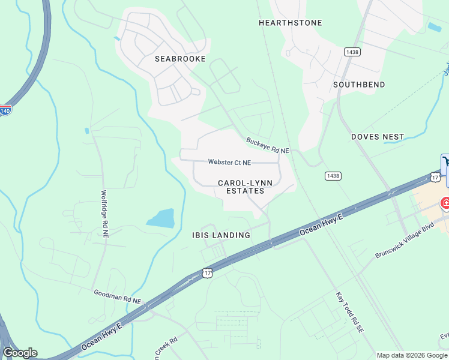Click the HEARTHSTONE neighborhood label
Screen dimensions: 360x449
coord(290,23)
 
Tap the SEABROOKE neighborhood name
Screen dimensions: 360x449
coord(180,59)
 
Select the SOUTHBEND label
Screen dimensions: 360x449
coord(359,85)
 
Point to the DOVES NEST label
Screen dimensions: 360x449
coord(378,137)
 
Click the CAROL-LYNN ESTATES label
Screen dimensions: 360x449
coord(241,187)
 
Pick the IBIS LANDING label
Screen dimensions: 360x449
coord(221,235)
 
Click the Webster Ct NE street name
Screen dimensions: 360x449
coord(229,162)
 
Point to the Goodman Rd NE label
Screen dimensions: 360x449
coord(117,296)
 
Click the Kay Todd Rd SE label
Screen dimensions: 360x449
coord(349,313)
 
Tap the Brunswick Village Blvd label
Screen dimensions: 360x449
coord(404,241)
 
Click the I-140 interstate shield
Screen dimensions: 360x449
coord(5,111)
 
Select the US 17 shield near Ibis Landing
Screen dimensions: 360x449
coord(208,273)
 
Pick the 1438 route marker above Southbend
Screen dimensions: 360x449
coord(352,53)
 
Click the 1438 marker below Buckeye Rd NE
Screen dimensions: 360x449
coord(333,176)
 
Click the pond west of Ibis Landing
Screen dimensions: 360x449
coord(160,218)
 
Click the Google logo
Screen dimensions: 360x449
coord(20,353)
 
